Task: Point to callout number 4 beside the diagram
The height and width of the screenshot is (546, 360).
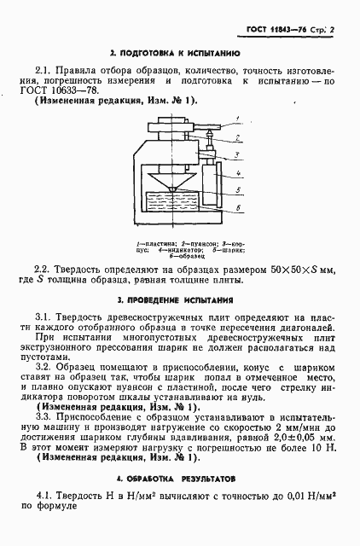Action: click(241, 173)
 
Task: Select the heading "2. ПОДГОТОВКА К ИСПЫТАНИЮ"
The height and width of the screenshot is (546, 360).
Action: click(179, 53)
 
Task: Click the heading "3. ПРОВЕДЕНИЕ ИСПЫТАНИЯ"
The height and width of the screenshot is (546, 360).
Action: click(179, 301)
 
